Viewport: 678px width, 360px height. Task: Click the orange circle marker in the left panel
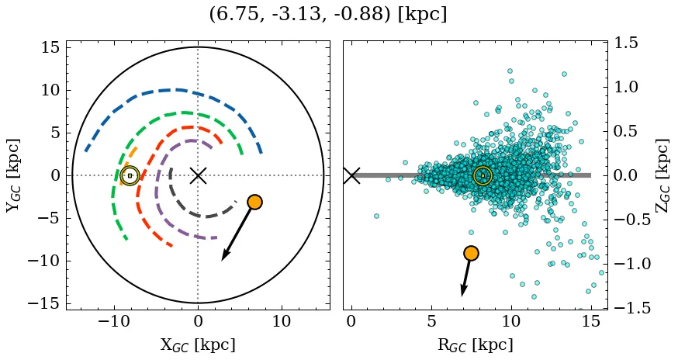coord(254,202)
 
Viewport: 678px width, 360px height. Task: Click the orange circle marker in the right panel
coord(471,253)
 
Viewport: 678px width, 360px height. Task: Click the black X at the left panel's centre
coord(198,175)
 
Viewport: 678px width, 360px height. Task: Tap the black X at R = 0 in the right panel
coord(351,175)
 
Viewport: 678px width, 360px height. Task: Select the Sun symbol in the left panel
coord(130,175)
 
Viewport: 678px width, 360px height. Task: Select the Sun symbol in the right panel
coord(483,176)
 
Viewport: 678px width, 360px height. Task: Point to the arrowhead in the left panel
coord(224,257)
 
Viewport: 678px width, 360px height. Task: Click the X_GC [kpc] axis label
coord(198,344)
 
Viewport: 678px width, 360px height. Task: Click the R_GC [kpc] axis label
coord(475,344)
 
